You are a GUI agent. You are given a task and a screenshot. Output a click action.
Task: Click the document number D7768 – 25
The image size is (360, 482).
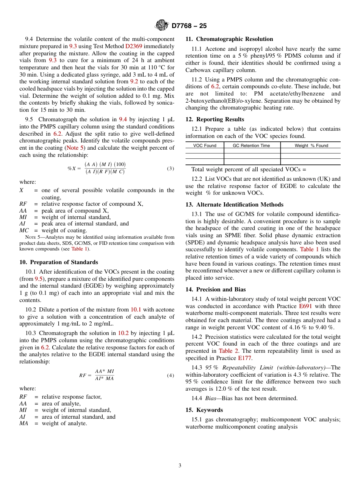click(189, 26)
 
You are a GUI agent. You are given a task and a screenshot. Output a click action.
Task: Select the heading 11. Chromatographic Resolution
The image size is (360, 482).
click(229, 39)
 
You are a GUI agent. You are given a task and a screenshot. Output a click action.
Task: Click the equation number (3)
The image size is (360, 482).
click(171, 168)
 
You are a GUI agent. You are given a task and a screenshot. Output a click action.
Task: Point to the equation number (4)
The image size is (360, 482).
click(171, 375)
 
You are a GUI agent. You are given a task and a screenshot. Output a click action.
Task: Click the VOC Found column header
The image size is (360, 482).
click(205, 146)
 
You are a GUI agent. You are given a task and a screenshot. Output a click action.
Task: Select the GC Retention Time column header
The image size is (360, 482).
click(251, 146)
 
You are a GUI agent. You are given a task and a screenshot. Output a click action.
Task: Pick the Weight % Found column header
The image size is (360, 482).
click(311, 146)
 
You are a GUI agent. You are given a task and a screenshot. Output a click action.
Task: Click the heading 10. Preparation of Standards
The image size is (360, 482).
click(58, 262)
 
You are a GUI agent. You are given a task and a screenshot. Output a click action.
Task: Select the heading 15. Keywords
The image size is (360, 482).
click(204, 410)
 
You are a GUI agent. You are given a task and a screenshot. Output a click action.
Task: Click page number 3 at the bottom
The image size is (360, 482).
click(180, 466)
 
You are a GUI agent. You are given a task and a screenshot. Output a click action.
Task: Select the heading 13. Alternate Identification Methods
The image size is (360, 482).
click(234, 205)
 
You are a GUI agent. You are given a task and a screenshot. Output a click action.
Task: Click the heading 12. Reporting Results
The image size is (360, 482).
click(215, 119)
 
